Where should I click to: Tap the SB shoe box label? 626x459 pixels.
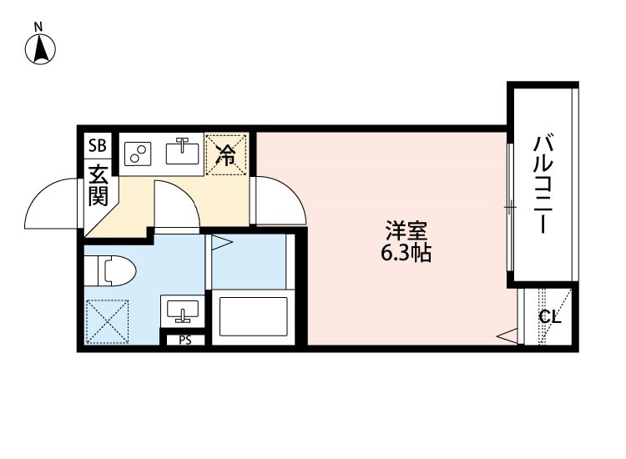click(x=98, y=145)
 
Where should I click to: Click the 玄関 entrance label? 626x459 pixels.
click(x=98, y=186)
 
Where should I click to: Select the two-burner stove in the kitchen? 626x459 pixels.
click(x=137, y=154)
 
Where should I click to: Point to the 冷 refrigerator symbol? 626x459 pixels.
click(x=226, y=154)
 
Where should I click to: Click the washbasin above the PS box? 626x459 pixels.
click(x=181, y=310)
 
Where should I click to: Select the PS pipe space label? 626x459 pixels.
click(x=184, y=340)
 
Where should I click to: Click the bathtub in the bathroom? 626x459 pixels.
click(x=252, y=316)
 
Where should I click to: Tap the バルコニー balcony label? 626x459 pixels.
click(x=541, y=185)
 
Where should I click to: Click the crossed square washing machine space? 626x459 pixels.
click(x=105, y=319)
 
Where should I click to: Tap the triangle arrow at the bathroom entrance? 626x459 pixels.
click(x=220, y=244)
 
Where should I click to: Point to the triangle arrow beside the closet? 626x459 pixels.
click(x=506, y=336)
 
